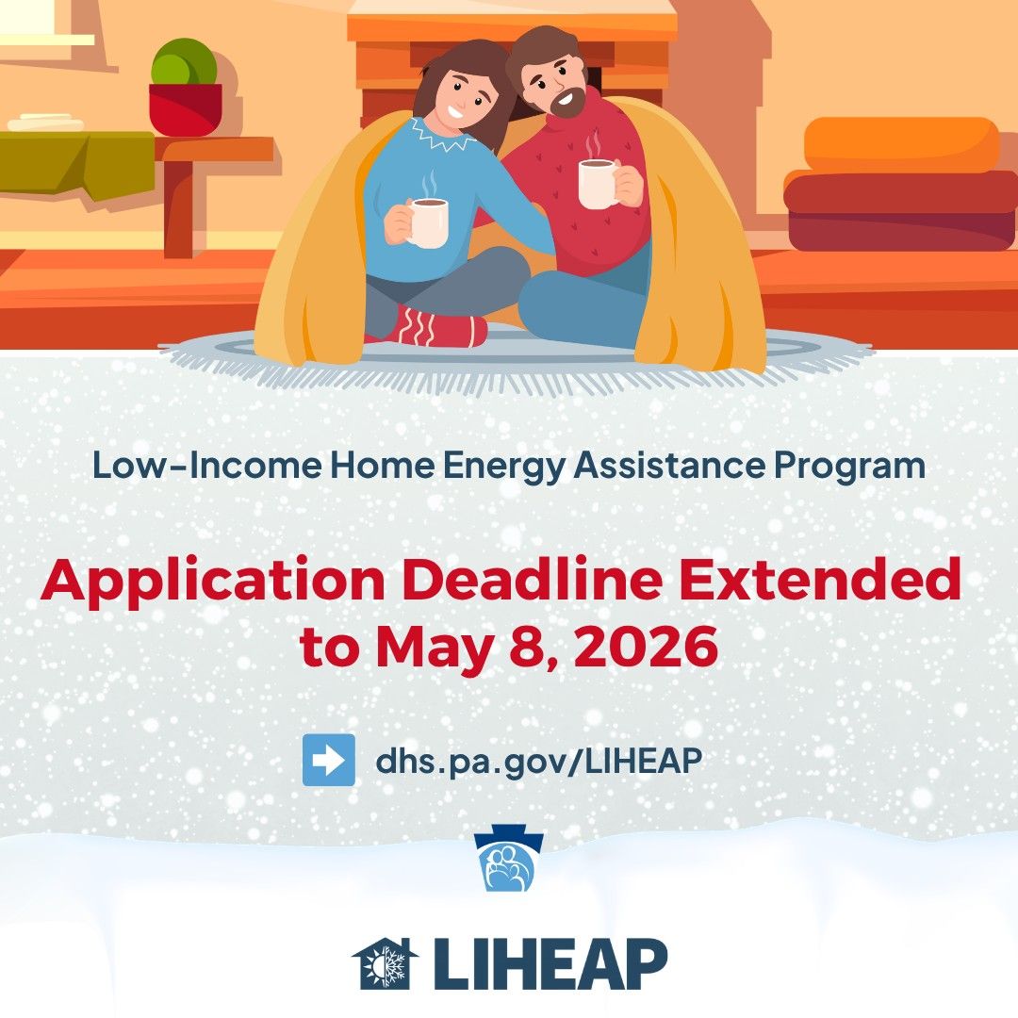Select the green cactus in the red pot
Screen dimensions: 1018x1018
click(x=185, y=61)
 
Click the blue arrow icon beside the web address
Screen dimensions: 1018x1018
click(x=329, y=760)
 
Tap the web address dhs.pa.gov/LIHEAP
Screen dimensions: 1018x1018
click(x=539, y=761)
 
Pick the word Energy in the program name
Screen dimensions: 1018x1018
click(x=503, y=467)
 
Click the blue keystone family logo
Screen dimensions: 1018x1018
click(x=509, y=858)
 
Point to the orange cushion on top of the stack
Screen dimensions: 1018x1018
click(x=901, y=145)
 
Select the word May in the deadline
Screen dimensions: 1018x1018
click(x=435, y=649)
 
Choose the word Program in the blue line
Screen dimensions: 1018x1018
click(x=848, y=467)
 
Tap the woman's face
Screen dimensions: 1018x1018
click(x=465, y=95)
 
